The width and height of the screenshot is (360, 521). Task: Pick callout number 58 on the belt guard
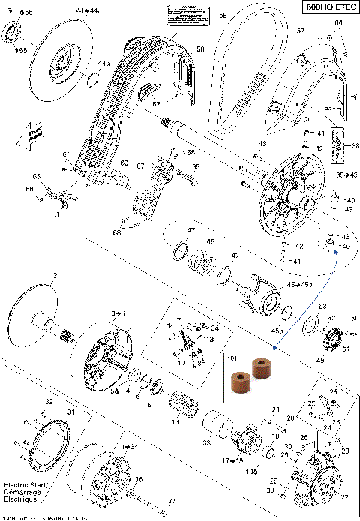(200, 49)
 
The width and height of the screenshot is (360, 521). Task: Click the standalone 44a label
(103, 64)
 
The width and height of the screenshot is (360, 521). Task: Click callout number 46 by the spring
(211, 241)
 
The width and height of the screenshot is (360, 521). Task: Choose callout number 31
(72, 411)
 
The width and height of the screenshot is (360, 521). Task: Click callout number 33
(205, 444)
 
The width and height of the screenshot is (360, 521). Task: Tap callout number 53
(322, 307)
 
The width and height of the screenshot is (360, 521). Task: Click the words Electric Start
(16, 485)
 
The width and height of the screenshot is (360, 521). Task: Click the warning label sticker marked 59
(185, 13)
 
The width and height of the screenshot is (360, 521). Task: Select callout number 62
(156, 104)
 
